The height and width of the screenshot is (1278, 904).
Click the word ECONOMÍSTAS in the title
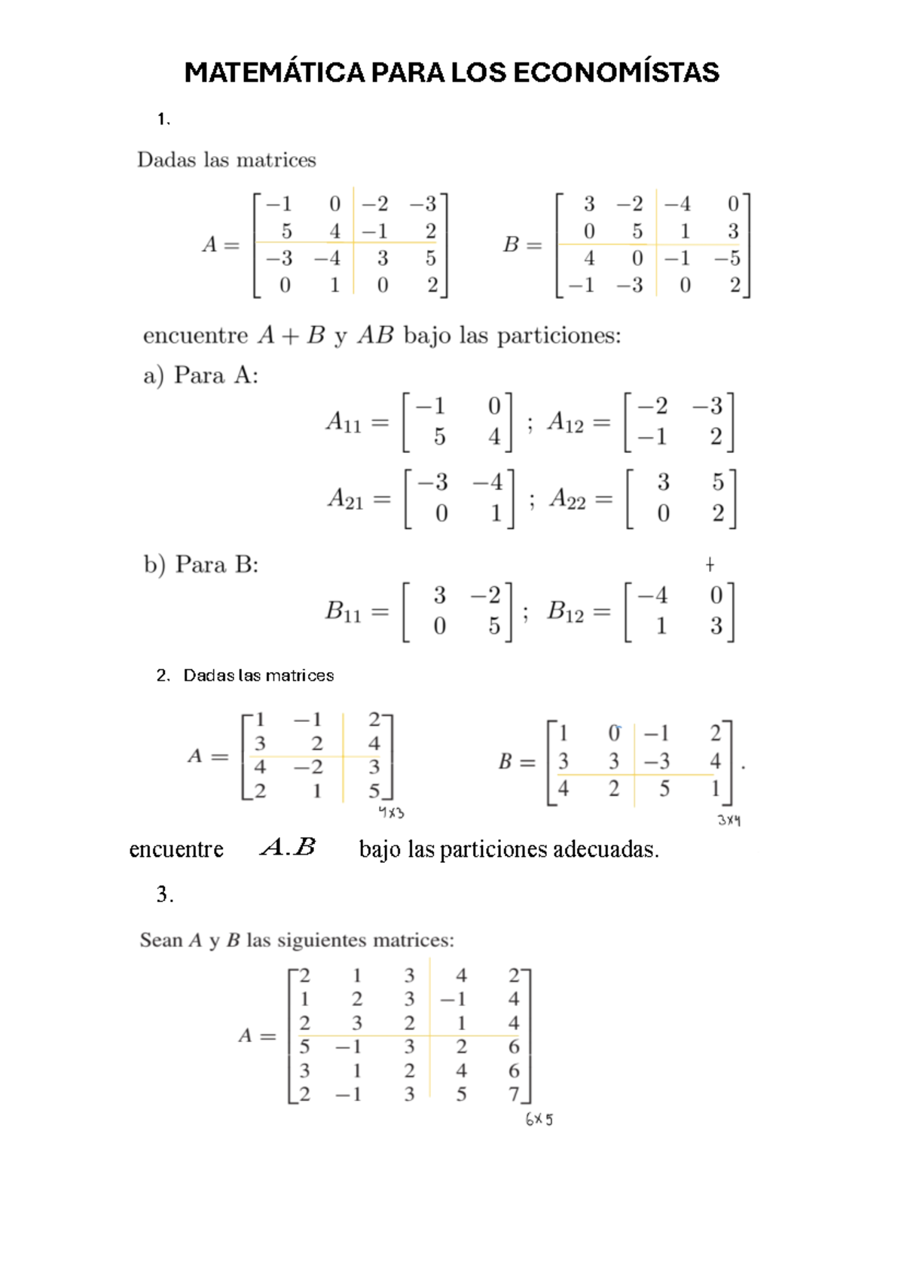615,73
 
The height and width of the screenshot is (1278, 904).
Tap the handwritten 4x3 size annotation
391,813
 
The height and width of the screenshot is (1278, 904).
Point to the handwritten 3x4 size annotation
728,820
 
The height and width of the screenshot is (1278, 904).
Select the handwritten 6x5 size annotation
539,1120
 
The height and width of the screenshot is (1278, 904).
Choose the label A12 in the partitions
566,423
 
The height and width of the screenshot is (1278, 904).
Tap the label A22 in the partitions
567,499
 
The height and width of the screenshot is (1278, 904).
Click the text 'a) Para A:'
200,375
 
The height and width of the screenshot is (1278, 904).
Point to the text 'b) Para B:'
201,564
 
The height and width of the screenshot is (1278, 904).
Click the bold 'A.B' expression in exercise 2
288,848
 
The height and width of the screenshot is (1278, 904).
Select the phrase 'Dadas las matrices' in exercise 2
258,675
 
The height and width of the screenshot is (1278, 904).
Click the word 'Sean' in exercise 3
161,940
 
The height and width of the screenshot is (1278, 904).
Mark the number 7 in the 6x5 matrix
514,1094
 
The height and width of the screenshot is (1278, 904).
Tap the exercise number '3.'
165,894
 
